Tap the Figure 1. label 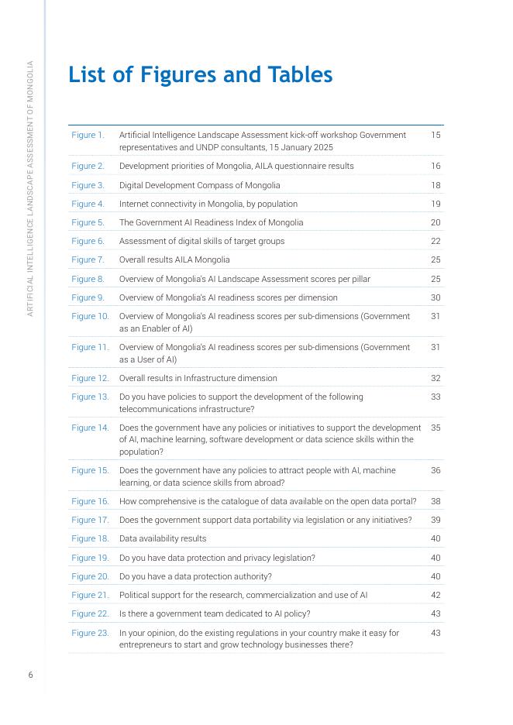88,135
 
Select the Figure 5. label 88,222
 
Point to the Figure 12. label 90,378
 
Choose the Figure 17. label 90,520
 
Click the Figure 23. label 90,633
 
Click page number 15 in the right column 436,135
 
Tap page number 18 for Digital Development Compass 436,185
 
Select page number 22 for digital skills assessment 436,241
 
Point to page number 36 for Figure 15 436,470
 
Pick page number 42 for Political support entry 436,595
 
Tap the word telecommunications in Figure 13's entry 156,408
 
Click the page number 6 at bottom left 30,675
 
